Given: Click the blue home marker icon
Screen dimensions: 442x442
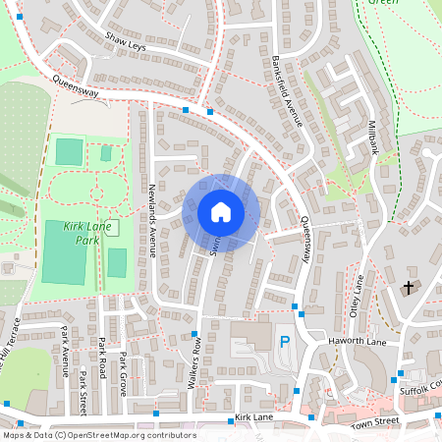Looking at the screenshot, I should coord(221,212).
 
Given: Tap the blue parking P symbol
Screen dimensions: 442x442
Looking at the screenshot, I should coord(285,342).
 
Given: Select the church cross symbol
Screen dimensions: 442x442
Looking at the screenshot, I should coord(409,288).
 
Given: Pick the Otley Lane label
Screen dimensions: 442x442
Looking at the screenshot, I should coord(359,295).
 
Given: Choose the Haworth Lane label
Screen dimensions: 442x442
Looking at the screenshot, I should coord(360,341).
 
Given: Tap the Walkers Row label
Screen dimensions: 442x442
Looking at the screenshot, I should coord(196,363).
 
